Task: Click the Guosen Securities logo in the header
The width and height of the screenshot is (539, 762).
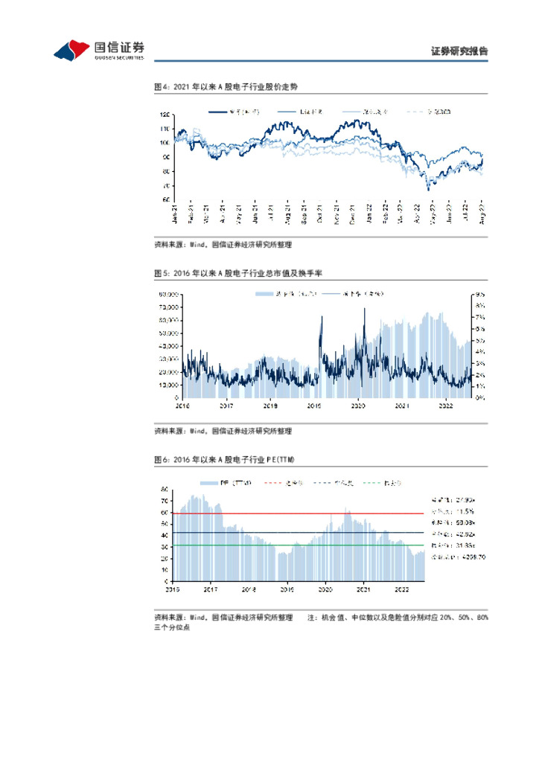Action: point(99,50)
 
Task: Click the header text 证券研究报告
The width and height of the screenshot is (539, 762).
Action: point(459,51)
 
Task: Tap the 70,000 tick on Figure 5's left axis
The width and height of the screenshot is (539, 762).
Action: point(168,307)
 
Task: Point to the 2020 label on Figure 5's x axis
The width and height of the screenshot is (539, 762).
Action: point(358,406)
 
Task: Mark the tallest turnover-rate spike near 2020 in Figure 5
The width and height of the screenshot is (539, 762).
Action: point(365,310)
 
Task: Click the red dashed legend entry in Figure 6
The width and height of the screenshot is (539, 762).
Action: point(287,483)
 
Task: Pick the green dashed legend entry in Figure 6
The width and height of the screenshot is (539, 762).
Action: point(387,483)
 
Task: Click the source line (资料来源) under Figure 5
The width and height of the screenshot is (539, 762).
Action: point(223,431)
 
